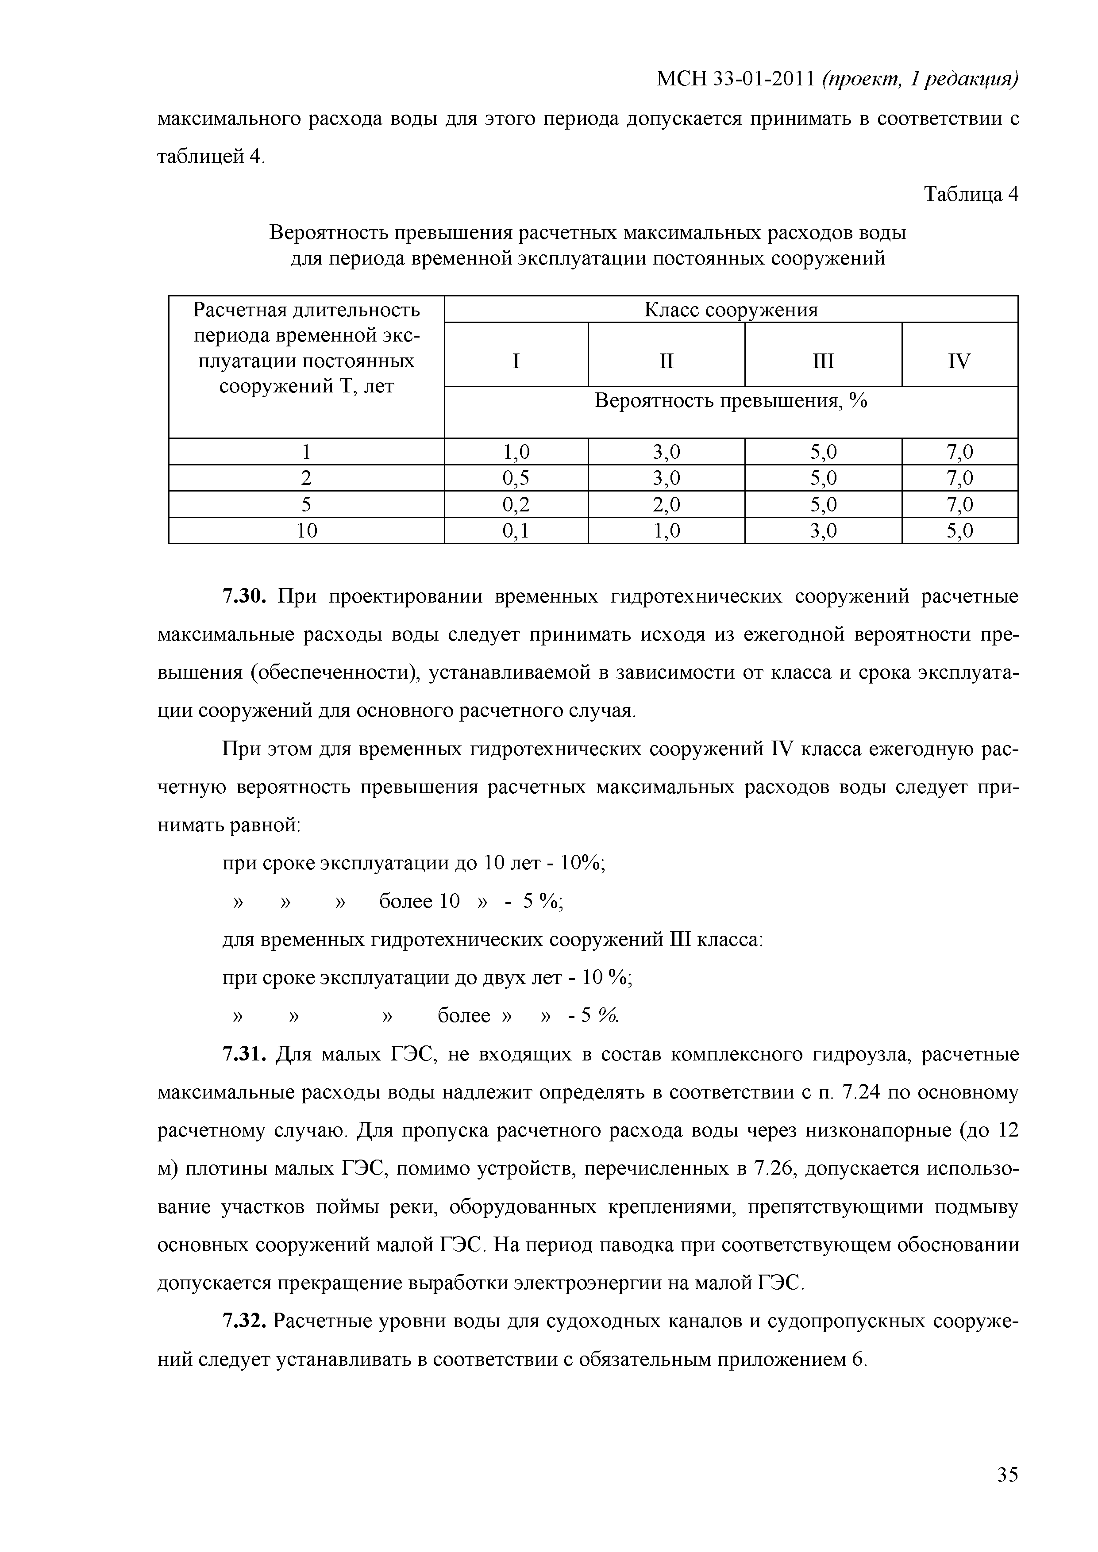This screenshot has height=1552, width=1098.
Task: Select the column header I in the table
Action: tap(516, 361)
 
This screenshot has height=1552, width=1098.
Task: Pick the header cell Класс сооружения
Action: tap(730, 310)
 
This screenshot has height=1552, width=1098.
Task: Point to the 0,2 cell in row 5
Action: tap(516, 505)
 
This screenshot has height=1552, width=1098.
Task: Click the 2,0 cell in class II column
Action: tap(666, 505)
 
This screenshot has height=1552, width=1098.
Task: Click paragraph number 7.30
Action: tap(246, 597)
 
